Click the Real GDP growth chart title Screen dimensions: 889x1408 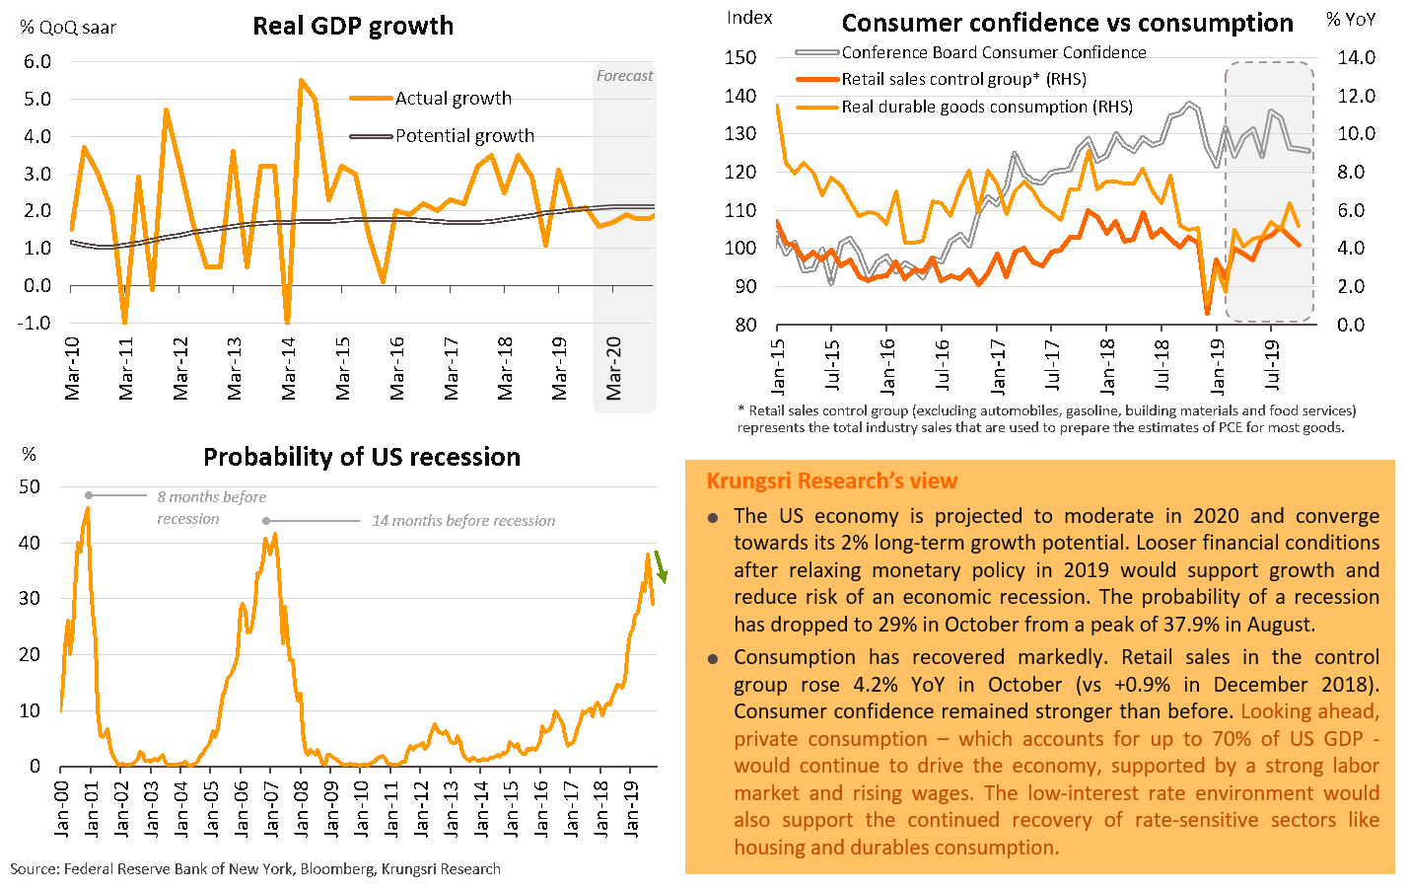pos(353,27)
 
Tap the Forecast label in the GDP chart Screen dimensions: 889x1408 pos(624,76)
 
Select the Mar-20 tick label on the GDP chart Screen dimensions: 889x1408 pos(614,368)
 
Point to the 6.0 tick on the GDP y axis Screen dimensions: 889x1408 pos(37,62)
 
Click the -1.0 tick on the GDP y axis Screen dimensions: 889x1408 pos(35,324)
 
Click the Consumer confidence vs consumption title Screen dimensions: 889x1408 pos(1067,24)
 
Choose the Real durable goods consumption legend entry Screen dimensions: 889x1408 pos(986,107)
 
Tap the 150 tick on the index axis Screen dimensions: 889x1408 pos(741,58)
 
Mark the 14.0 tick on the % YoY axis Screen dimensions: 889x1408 pos(1357,58)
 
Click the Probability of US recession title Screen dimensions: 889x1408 pos(362,458)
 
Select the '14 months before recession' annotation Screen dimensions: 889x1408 pos(462,521)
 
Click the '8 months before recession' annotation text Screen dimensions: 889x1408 pos(211,507)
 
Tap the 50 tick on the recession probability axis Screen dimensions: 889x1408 pos(30,487)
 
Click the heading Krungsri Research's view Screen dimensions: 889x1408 pos(831,482)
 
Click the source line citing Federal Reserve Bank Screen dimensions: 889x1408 pos(255,869)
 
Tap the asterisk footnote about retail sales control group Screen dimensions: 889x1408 pos(1045,419)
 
